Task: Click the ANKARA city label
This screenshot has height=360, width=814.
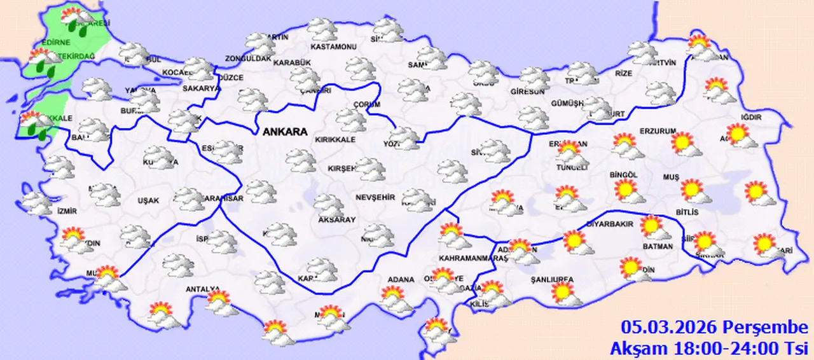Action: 284,132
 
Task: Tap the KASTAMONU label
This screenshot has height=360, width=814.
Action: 333,46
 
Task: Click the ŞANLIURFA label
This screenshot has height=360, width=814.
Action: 552,279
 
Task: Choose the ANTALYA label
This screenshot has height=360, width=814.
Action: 202,289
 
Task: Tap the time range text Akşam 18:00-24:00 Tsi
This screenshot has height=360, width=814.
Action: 708,348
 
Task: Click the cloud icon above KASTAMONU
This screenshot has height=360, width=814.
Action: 322,29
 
